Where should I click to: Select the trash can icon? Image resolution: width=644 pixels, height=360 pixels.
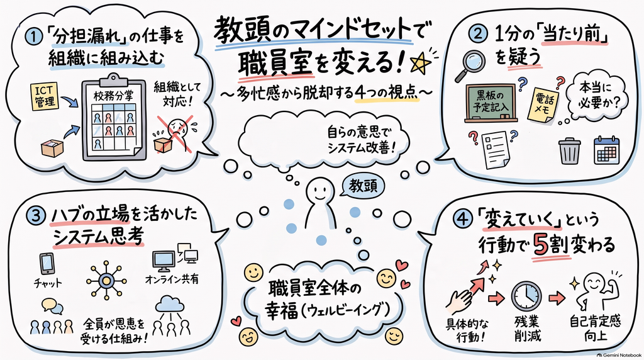click(x=570, y=151)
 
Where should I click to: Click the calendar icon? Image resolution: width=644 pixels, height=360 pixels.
click(x=607, y=151)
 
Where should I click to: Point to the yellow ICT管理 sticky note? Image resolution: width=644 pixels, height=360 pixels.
click(x=45, y=96)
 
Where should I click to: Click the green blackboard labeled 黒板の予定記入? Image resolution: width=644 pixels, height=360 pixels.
click(x=491, y=104)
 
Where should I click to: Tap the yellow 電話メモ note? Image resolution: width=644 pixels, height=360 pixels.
click(x=545, y=104)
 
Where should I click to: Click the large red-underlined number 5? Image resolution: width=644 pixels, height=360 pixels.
click(x=541, y=245)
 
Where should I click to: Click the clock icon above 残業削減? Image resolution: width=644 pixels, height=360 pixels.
click(x=526, y=296)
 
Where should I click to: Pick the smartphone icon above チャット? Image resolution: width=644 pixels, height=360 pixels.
click(x=47, y=263)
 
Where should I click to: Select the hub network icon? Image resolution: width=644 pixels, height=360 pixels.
click(x=106, y=280)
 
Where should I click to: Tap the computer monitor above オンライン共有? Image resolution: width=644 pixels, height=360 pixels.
click(x=164, y=261)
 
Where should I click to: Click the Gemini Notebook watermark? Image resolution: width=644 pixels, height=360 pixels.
click(x=619, y=355)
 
